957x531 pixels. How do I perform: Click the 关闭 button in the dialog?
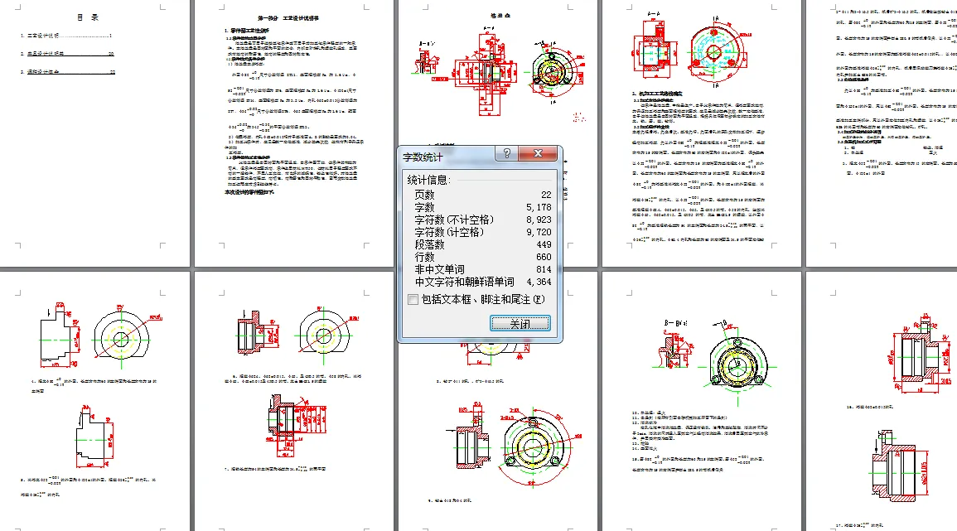click(x=520, y=323)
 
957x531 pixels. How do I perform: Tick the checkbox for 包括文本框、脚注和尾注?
click(x=413, y=299)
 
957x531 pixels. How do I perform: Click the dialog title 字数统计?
click(x=423, y=156)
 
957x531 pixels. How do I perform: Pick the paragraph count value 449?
click(x=539, y=244)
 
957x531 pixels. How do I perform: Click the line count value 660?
click(x=539, y=257)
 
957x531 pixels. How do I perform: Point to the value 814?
click(x=539, y=269)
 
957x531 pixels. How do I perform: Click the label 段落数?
click(x=429, y=244)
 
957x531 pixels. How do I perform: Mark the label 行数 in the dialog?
click(x=424, y=257)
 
